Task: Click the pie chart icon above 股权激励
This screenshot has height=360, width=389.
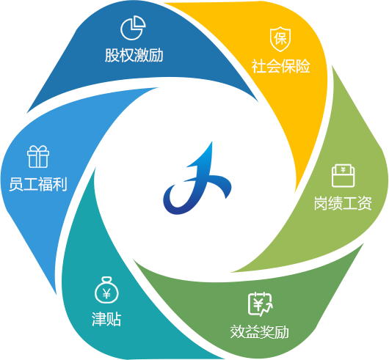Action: (x=133, y=28)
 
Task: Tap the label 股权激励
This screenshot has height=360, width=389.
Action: (x=134, y=55)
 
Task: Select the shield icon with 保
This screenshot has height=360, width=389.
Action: (x=280, y=39)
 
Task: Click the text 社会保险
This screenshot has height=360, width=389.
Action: (x=281, y=66)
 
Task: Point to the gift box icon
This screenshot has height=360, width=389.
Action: (x=38, y=157)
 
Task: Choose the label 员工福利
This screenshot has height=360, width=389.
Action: (x=38, y=184)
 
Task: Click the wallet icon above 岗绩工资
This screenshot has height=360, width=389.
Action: (x=343, y=175)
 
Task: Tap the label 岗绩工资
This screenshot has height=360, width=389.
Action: (x=343, y=203)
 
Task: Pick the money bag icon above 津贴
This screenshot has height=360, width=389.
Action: (x=106, y=290)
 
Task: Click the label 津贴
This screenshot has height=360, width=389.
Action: (x=106, y=319)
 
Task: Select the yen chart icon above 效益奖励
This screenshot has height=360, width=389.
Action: (x=261, y=304)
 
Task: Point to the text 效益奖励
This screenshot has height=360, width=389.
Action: (x=260, y=331)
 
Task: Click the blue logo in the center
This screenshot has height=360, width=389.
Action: (x=197, y=181)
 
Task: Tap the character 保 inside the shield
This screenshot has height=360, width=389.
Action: (x=280, y=39)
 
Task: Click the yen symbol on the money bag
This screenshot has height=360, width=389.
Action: (x=106, y=293)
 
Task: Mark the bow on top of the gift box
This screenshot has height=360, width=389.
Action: (x=38, y=150)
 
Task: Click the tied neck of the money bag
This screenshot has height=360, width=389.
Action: (x=106, y=281)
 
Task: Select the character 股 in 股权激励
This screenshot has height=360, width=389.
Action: (x=112, y=55)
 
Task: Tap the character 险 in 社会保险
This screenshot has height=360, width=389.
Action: (x=303, y=66)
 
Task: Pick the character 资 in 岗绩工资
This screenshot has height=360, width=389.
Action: (x=365, y=203)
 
